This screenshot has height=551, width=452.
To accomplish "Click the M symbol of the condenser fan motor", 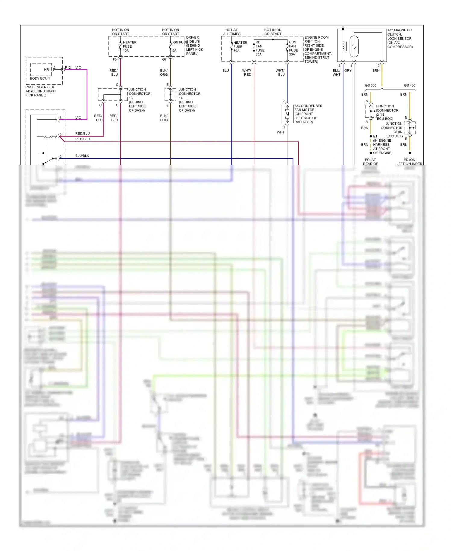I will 287,114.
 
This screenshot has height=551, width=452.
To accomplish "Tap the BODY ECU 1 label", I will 40,78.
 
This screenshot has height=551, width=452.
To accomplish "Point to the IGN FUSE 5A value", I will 174,51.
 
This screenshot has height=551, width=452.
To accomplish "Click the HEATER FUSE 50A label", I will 240,47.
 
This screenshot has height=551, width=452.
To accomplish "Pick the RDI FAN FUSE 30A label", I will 260,48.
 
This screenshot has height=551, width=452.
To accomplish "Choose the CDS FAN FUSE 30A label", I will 293,48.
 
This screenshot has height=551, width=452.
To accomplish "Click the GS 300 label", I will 370,85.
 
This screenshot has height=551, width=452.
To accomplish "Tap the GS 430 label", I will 409,85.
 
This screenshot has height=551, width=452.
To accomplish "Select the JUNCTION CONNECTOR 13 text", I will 139,94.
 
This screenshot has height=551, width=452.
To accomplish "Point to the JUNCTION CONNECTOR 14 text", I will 189,94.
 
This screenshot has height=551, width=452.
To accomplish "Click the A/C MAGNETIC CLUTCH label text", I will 399,32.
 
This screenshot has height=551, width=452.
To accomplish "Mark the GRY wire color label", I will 348,71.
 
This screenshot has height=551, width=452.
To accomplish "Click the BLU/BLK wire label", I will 82,156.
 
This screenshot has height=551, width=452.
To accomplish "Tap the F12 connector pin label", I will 68,68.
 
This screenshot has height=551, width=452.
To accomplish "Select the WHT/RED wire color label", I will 247,72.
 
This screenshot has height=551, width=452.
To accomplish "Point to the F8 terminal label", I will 115,59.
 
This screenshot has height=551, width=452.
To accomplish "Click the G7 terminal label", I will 164,59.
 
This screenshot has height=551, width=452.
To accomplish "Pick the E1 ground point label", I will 375,136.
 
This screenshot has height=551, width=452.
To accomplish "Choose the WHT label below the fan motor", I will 281,132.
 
